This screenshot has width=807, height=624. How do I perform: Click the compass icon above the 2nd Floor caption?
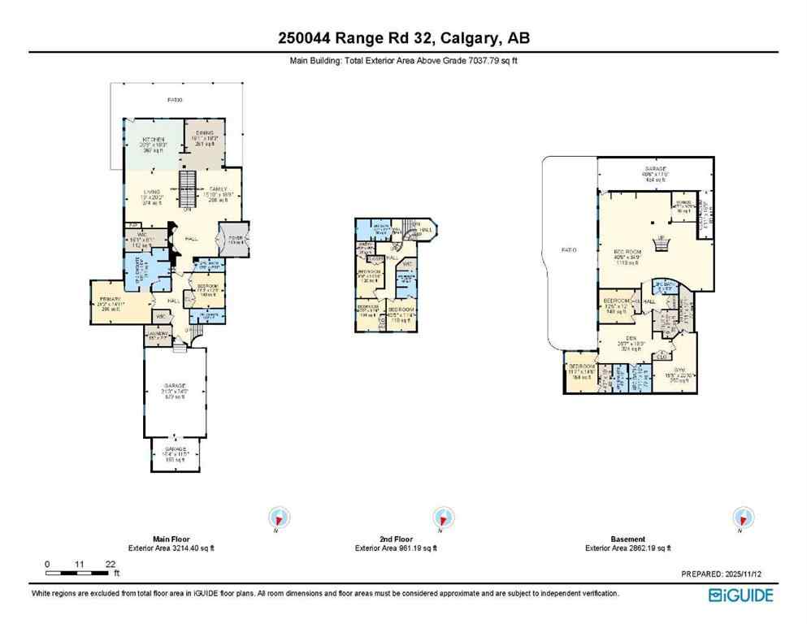pyautogui.click(x=444, y=518)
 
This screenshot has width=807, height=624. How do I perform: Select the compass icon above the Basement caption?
pyautogui.click(x=742, y=518)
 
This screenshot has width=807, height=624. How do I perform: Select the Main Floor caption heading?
pyautogui.click(x=171, y=539)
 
